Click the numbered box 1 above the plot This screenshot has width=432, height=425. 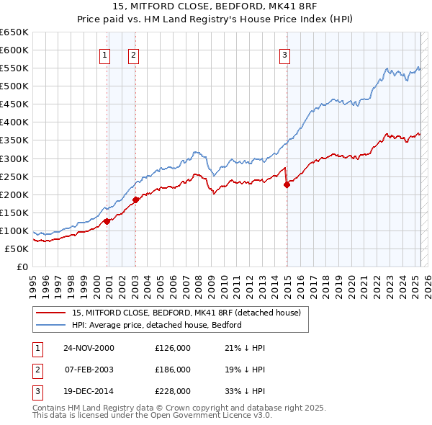coord(105,54)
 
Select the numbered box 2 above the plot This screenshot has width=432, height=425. coord(133,54)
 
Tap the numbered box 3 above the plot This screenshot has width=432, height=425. coord(284,54)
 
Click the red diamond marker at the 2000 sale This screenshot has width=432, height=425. coord(107,221)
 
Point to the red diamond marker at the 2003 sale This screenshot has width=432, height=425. coord(135,200)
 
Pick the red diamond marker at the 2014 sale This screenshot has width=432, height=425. coord(287,184)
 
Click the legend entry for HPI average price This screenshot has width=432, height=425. coord(156,325)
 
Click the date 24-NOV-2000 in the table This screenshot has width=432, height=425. coord(89,348)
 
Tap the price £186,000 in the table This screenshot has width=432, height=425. coord(173,370)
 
